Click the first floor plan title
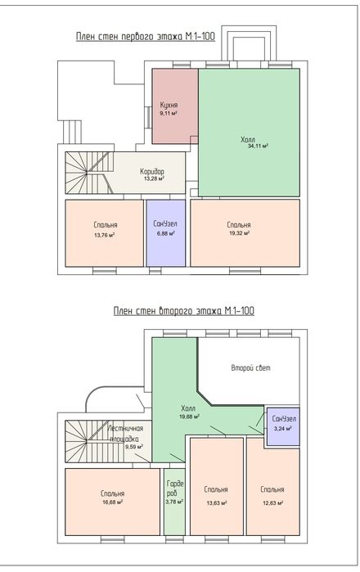(145, 37)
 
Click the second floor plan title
(184, 311)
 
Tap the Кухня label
(169, 105)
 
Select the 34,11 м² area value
(258, 146)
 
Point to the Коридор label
(152, 172)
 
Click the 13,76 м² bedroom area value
(104, 236)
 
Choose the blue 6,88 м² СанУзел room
(166, 233)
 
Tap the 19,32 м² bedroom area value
(239, 233)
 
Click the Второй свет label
(251, 367)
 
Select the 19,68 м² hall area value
(189, 417)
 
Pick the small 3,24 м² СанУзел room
(283, 427)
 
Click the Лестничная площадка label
(125, 434)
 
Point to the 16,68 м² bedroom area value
(112, 502)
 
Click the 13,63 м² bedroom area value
(217, 503)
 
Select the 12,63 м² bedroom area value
(272, 503)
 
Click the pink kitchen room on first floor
(175, 106)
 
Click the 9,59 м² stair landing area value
(134, 447)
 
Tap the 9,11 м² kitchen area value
(169, 114)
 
